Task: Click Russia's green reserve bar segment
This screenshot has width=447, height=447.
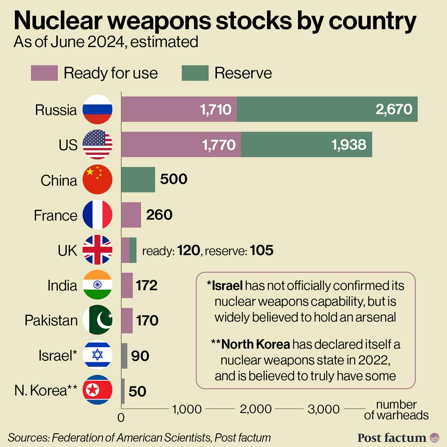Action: coord(327,109)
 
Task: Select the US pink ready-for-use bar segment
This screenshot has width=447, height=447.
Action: coord(181,144)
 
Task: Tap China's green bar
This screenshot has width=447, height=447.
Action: coord(138,180)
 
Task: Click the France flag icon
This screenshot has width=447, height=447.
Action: coord(97,215)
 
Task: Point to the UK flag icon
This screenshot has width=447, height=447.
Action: coord(97,250)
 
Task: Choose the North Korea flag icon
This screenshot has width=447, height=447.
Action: coord(97,390)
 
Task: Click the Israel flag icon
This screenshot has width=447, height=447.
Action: coord(97,355)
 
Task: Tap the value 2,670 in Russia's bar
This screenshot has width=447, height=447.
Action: coord(394,109)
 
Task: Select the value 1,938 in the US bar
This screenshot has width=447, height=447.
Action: coord(348,144)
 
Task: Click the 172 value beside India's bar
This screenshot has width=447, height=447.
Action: coord(147,285)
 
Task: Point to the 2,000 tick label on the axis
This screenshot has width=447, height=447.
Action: coord(256,409)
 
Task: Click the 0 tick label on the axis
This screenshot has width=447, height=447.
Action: coord(121,418)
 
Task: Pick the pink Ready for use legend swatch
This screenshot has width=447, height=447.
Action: coord(44,73)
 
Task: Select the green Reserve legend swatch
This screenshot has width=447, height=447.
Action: coord(195,73)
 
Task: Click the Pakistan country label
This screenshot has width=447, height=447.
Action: coord(51,320)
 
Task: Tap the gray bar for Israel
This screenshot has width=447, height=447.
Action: coord(124,356)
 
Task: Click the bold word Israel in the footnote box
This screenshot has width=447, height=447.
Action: coord(226,286)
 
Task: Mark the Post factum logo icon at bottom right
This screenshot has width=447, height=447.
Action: coord(435,437)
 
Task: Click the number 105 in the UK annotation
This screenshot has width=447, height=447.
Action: coord(262,250)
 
